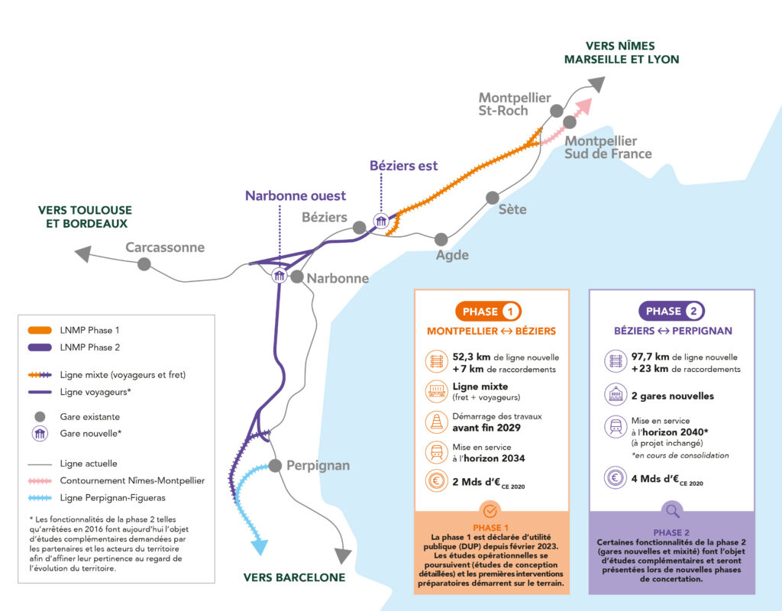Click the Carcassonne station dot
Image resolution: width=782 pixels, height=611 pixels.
tap(144, 263)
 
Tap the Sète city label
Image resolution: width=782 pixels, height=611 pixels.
tap(512, 209)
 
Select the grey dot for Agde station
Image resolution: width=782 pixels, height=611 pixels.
tap(441, 239)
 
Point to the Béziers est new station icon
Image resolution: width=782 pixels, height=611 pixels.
tap(380, 221)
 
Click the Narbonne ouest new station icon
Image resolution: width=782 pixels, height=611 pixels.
tap(280, 276)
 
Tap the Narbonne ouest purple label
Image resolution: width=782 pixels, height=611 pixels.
tap(295, 196)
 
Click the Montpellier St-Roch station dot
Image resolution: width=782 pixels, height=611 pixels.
tap(557, 111)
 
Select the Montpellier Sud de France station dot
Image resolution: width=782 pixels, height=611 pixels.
tap(569, 122)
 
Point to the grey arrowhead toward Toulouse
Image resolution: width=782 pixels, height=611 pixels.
tap(82, 254)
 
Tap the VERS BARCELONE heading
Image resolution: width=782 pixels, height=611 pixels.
tap(294, 577)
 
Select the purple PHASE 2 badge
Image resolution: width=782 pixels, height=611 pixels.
tap(671, 312)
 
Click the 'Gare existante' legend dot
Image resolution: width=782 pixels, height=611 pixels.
tap(40, 417)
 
